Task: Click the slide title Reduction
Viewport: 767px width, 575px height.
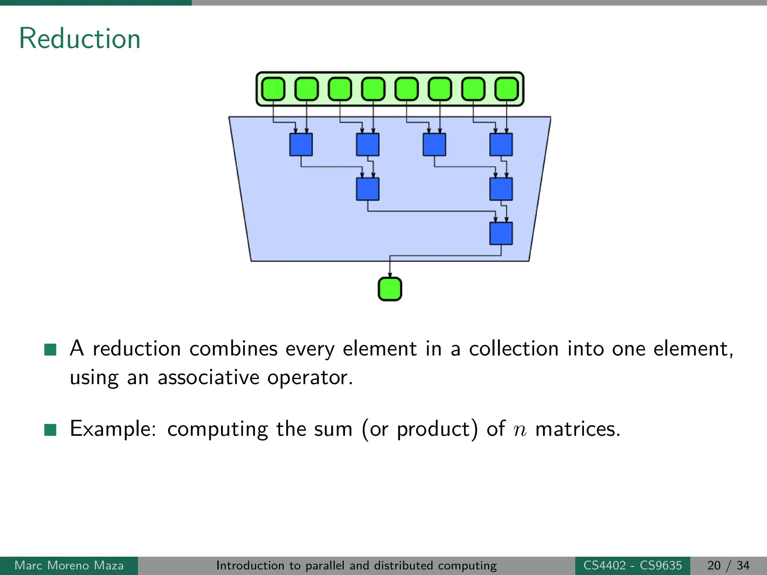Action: coord(79,39)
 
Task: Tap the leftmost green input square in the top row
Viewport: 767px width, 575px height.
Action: coord(273,89)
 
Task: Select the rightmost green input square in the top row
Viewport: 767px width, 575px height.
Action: coord(506,89)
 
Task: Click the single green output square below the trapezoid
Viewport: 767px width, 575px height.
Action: coord(390,289)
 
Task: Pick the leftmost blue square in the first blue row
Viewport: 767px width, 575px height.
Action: coord(301,144)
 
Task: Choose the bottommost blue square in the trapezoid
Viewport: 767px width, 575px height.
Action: coord(501,234)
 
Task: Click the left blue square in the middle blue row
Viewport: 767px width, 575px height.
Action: coord(367,189)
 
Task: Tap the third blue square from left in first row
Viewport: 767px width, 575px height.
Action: coord(434,144)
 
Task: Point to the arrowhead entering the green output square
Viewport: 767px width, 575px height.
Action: coord(390,275)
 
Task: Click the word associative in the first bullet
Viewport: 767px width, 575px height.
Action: coord(208,377)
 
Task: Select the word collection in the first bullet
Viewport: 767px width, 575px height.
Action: coord(514,349)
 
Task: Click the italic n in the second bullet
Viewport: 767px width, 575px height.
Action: coord(520,429)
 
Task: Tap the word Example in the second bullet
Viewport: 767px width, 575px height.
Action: coord(112,429)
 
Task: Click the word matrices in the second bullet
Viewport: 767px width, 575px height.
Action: coord(577,429)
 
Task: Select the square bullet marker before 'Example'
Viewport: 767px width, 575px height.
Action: coord(50,430)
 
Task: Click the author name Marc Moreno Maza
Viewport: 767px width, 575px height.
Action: coord(69,565)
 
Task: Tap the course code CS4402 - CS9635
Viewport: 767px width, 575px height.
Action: coord(633,565)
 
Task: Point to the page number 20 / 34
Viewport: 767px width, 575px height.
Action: coord(728,565)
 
